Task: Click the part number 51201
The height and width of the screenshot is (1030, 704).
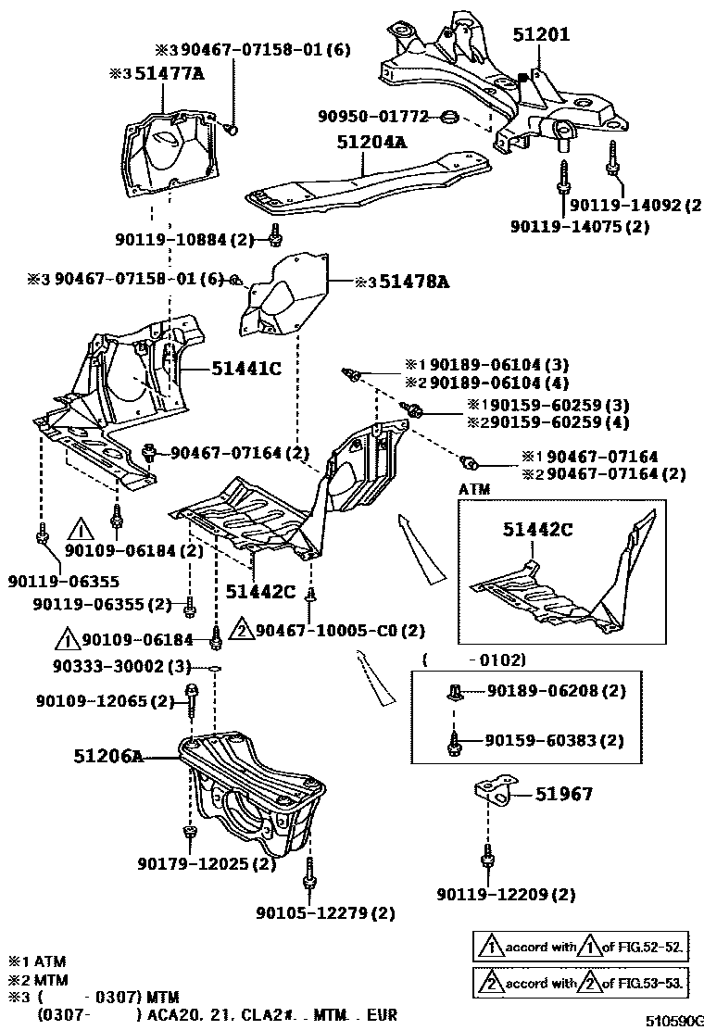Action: point(542,34)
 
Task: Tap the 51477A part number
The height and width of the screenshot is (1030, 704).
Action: point(170,74)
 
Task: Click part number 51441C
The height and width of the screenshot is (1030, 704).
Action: point(245,369)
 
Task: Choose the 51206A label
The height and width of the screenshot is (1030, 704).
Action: point(108,756)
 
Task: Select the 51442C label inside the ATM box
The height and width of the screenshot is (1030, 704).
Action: point(538,530)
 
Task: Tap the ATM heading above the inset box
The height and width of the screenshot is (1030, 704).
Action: point(474,489)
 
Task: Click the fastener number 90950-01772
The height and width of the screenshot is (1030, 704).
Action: point(373,117)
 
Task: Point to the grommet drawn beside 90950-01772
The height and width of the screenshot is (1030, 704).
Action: point(448,118)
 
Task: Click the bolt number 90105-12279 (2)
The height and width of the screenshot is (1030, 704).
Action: point(336,913)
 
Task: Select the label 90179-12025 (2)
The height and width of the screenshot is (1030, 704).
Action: point(207,864)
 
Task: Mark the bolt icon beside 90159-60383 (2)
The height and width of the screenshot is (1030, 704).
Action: point(453,740)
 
